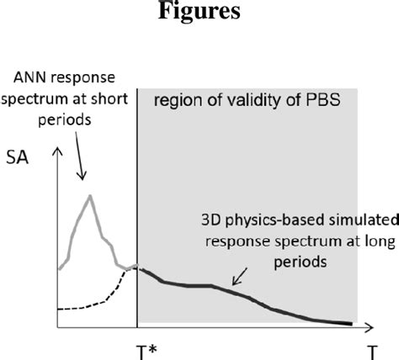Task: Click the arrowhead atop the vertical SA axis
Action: [x=57, y=152]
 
